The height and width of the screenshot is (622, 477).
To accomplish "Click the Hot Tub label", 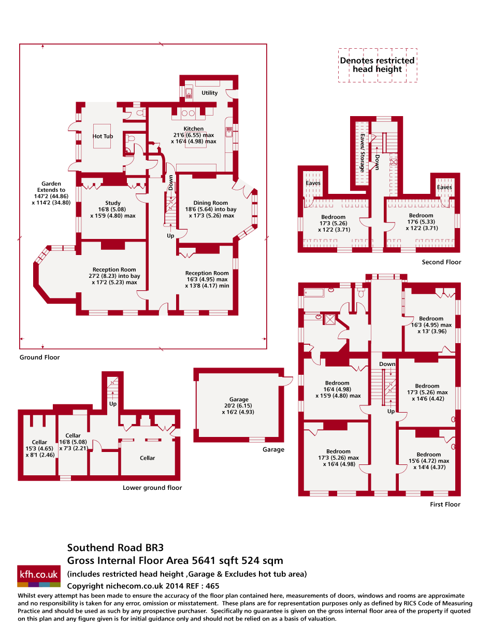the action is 103,136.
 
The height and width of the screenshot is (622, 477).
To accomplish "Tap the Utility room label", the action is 210,93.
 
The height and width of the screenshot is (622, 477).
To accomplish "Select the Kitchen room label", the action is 194,129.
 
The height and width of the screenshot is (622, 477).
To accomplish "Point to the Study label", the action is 113,203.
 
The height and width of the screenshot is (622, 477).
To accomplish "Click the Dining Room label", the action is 211,203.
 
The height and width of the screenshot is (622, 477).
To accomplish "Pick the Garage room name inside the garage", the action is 239,400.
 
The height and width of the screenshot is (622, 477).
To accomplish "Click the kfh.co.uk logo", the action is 39,574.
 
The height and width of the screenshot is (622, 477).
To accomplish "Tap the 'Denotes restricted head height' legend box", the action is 378,65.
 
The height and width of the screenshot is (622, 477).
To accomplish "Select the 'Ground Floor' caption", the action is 39,357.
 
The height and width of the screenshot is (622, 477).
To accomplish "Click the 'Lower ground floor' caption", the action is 152,488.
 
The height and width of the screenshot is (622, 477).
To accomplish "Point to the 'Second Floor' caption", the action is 441,262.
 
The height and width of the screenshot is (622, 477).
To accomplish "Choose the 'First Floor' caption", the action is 445,504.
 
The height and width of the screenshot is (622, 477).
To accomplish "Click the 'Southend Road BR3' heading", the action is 115,547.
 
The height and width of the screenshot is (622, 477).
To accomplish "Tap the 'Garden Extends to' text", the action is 51,187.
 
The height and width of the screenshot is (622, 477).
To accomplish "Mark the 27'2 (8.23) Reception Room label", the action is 114,270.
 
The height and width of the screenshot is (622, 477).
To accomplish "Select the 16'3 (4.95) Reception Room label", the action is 207,273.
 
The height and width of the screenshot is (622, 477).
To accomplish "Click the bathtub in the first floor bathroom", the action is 314,293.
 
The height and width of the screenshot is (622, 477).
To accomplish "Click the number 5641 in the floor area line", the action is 204,560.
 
